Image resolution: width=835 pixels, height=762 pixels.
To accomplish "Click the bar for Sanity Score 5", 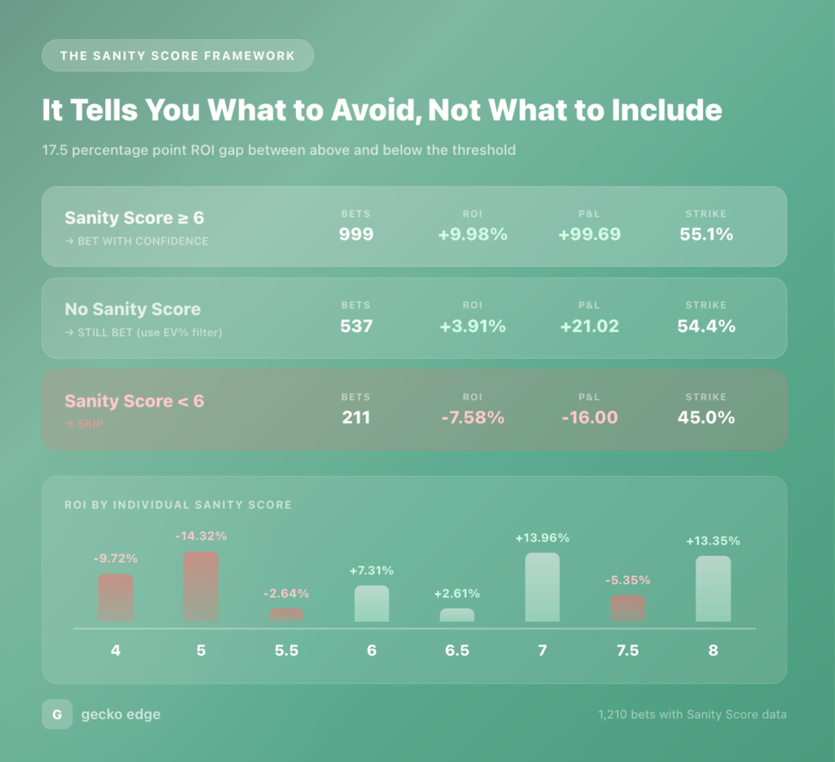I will [201, 587].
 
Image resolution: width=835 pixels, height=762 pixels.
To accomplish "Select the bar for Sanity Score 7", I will [542, 587].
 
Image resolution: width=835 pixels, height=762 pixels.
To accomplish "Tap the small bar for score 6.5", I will [457, 615].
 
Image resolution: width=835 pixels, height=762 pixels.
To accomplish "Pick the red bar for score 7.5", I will [628, 608].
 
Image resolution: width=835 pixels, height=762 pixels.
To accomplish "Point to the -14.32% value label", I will [201, 536].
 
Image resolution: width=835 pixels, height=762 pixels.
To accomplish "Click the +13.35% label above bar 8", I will [713, 541].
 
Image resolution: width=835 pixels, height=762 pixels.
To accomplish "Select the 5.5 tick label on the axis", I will [286, 650].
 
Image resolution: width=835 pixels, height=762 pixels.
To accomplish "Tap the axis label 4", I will [116, 650].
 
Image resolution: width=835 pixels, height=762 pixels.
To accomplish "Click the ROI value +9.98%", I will [472, 235].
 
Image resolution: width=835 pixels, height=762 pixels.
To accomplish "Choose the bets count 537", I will [356, 326].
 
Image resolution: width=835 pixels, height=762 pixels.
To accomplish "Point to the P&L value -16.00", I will [590, 418].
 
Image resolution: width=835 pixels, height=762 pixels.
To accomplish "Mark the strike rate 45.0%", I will [706, 418].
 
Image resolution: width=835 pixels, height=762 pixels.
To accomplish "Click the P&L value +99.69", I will [590, 235].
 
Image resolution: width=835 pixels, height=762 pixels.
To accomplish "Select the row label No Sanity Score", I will [132, 310].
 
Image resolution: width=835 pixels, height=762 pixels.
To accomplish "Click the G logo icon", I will [57, 715].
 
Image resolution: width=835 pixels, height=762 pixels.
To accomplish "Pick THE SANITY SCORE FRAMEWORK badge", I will [178, 55].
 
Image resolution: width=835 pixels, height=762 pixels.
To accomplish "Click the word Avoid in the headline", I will [374, 110].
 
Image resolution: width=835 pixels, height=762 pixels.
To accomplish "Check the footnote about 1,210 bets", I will [692, 715].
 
